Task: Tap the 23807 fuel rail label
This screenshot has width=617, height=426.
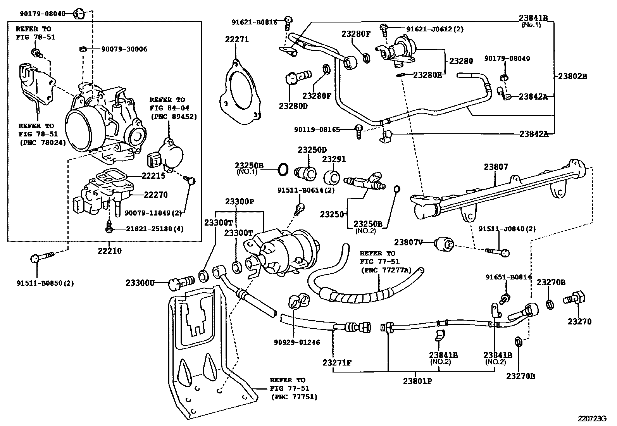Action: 496,167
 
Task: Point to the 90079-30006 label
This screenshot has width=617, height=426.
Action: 124,49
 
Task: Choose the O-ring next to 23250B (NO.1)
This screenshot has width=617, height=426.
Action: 283,169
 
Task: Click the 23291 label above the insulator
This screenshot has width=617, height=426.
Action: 334,159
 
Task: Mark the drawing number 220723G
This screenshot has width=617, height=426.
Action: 591,419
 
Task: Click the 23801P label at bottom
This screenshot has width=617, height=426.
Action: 417,381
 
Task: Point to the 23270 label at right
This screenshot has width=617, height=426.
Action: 580,321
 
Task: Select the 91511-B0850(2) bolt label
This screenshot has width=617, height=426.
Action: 45,283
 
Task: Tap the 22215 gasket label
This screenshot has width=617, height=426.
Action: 153,176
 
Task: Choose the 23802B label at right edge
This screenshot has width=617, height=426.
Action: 572,76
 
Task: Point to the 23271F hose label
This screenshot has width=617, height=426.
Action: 337,363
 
